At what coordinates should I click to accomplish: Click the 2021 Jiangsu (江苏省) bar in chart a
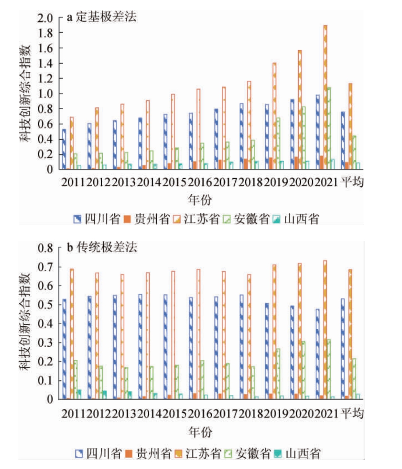pyautogui.click(x=325, y=97)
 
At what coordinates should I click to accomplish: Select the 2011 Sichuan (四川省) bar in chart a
pyautogui.click(x=64, y=149)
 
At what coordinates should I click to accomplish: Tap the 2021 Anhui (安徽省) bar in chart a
pyautogui.click(x=329, y=128)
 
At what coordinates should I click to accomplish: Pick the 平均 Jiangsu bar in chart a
pyautogui.click(x=351, y=126)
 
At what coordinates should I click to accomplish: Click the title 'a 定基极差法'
pyautogui.click(x=102, y=17)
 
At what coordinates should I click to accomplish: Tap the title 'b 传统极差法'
pyautogui.click(x=102, y=247)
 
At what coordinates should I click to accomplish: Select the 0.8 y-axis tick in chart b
pyautogui.click(x=46, y=248)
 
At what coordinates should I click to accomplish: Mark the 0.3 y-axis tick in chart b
pyautogui.click(x=46, y=343)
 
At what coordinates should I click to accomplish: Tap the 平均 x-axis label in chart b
pyautogui.click(x=352, y=413)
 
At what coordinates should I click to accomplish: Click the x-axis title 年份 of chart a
pyautogui.click(x=200, y=200)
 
